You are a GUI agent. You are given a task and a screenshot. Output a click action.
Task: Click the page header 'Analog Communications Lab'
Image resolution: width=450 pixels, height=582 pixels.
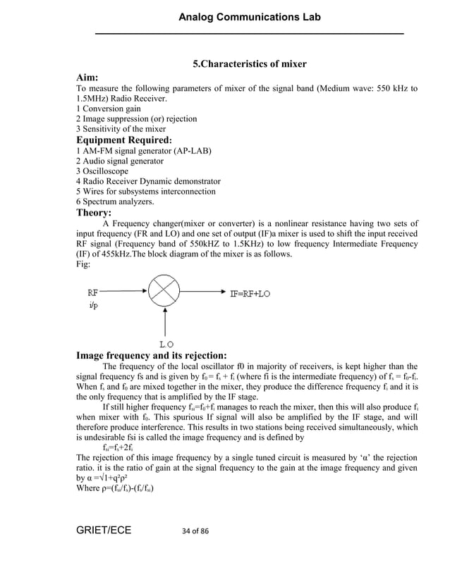tap(249, 17)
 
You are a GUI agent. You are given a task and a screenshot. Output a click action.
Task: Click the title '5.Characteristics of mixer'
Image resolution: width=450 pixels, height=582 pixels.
tap(250, 64)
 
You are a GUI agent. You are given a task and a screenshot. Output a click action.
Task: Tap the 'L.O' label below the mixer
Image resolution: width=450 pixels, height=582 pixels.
tap(166, 343)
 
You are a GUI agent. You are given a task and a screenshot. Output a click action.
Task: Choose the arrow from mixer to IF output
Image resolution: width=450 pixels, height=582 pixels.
tap(204, 292)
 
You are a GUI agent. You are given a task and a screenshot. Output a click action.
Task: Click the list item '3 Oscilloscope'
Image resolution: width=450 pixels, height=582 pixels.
tap(104, 171)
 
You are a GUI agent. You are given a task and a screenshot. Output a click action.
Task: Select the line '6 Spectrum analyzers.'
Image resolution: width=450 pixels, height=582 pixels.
tap(114, 202)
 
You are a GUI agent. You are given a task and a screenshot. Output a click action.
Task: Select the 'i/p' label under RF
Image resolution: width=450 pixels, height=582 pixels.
tap(93, 306)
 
